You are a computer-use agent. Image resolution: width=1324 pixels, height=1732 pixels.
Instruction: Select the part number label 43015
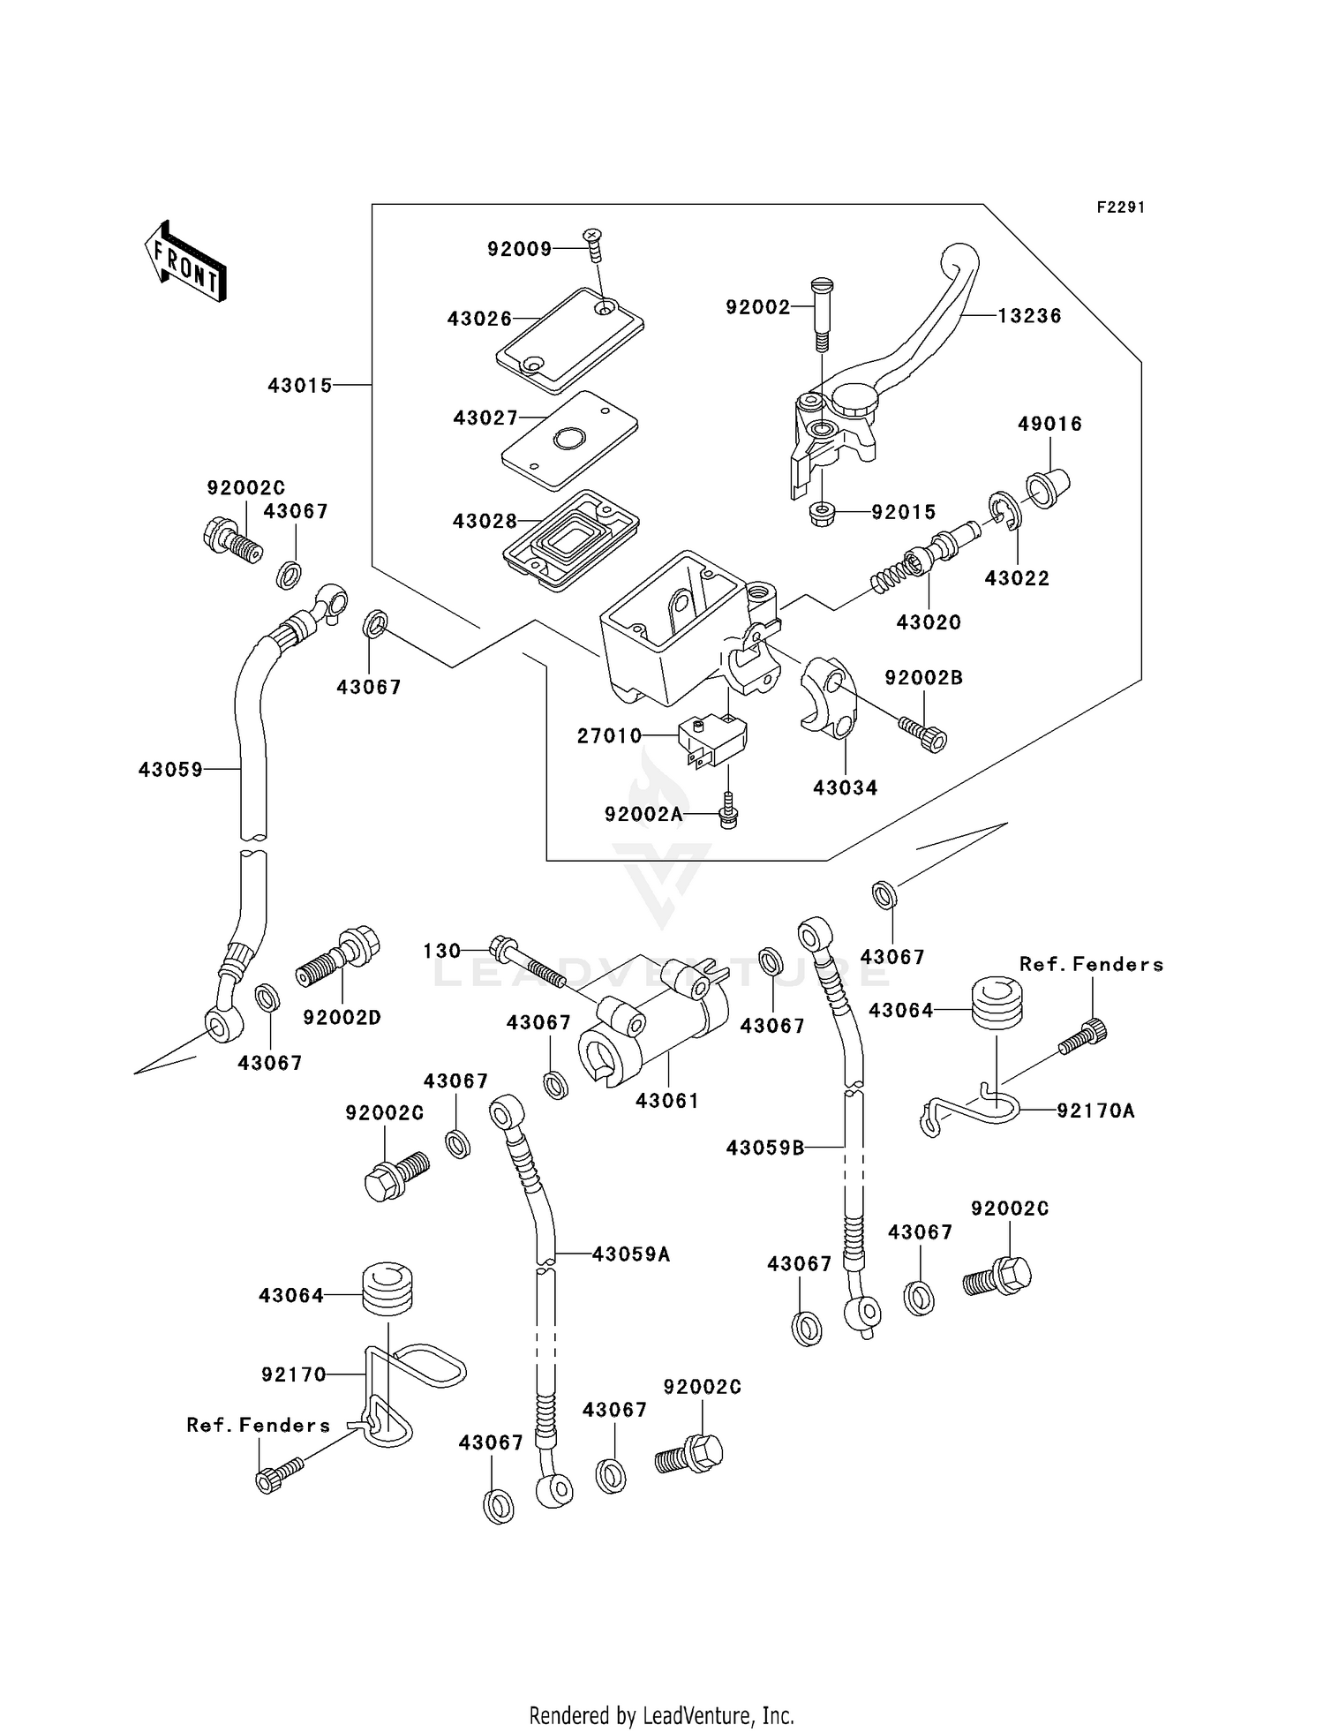(x=300, y=386)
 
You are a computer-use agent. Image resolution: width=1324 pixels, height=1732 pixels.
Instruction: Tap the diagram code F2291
(x=1121, y=207)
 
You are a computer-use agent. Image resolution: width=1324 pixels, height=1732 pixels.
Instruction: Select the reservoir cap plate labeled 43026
(x=569, y=339)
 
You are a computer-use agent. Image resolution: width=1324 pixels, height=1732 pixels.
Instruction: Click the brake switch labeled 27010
(x=711, y=740)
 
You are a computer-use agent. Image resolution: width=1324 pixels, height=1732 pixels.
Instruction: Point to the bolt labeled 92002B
(x=923, y=733)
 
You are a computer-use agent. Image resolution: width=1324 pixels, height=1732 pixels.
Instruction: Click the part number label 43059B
(x=765, y=1148)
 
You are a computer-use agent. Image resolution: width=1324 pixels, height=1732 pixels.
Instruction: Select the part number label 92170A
(x=1095, y=1111)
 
